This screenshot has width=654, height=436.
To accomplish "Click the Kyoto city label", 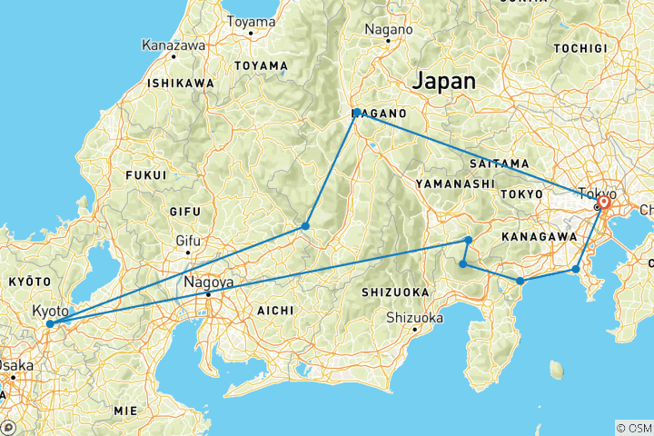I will click(x=50, y=311).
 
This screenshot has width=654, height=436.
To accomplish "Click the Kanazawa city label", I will click(x=173, y=44).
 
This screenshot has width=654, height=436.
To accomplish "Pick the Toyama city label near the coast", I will click(x=251, y=21).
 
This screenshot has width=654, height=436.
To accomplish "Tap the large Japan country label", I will click(x=443, y=81).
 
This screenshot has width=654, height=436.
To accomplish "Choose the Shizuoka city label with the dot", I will click(x=414, y=318).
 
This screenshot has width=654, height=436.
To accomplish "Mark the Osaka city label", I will click(x=16, y=365).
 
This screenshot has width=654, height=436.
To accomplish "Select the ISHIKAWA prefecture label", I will click(x=181, y=83).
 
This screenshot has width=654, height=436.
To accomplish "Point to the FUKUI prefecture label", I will click(x=147, y=174).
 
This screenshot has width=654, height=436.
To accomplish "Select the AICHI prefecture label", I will click(x=274, y=310).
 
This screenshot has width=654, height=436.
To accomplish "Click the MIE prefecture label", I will click(x=125, y=411).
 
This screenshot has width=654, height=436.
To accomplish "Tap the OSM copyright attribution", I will click(x=632, y=427).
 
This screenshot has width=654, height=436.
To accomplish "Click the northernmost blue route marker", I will click(x=358, y=113).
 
